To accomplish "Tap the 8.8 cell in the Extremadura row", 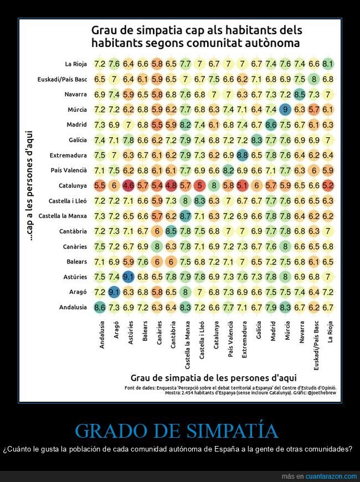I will pos(242,155).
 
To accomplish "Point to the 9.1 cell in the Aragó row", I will pos(114,292).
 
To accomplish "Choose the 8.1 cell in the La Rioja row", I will pos(328,64).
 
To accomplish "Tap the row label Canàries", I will pos(75,246).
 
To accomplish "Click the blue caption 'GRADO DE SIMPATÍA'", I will pos(177,431).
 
